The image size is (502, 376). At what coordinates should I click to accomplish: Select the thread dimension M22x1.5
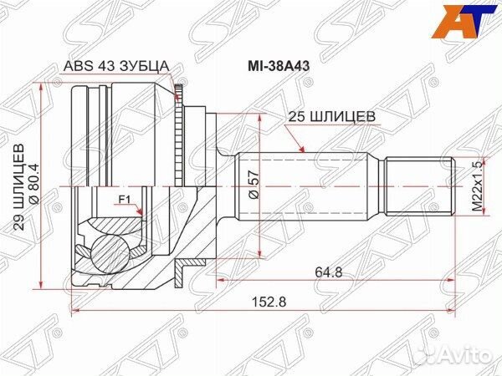coord(473,185)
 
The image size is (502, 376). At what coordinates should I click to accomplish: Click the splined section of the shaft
coord(310,185)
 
